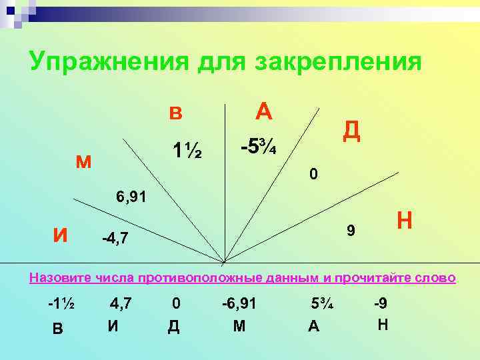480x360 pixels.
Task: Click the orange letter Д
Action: click(x=351, y=131)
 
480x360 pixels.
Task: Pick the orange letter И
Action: click(x=59, y=235)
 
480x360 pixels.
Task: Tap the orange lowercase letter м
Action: click(x=84, y=161)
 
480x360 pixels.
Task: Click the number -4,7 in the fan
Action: click(x=119, y=237)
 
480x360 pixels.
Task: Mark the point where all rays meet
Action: click(x=224, y=261)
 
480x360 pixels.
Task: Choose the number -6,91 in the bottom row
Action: click(x=239, y=303)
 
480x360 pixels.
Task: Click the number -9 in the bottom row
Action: click(x=381, y=303)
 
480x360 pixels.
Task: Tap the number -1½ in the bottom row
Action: click(x=60, y=303)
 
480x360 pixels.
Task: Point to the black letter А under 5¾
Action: click(x=313, y=327)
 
